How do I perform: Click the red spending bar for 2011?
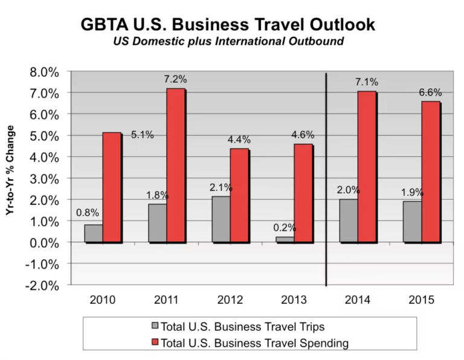coord(175,166)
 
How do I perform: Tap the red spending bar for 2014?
coord(367,167)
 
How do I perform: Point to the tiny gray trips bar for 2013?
coord(285,240)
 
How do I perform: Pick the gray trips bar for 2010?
coord(94,233)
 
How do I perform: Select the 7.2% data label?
coord(176,79)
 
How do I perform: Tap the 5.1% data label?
coord(143,135)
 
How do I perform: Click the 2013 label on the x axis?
coord(293,299)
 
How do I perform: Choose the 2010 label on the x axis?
coord(102,299)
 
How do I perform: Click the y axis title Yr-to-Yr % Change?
coord(10,178)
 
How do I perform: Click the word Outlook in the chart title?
coord(332,25)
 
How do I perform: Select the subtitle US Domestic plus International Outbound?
coord(228,42)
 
